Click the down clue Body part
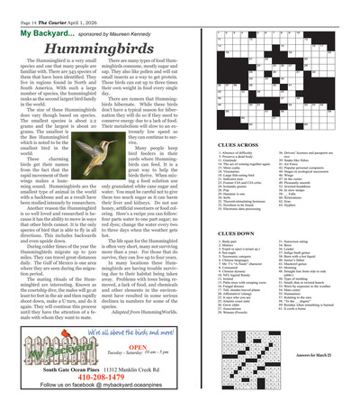click(x=226, y=245)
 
